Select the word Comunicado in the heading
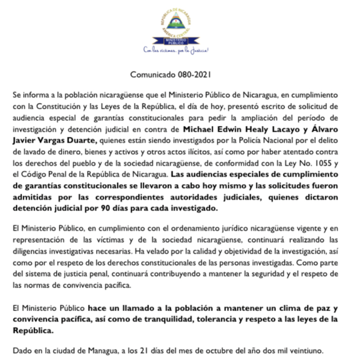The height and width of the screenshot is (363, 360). [154, 75]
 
